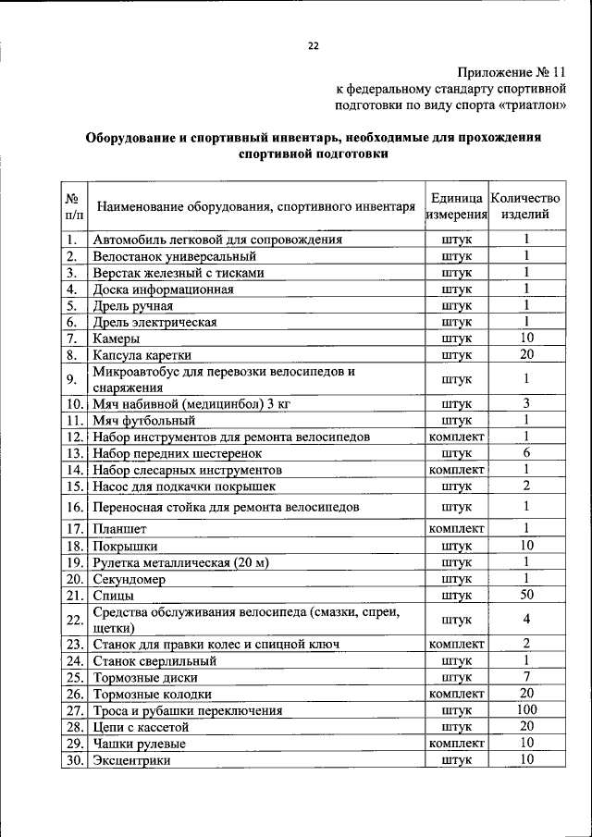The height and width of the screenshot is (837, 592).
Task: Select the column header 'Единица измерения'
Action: tap(456, 206)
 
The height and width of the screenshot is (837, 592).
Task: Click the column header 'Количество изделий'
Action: tap(525, 206)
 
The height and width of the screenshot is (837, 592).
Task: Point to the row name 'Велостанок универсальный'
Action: tap(174, 256)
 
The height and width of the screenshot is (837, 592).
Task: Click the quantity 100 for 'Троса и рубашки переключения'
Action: tap(525, 710)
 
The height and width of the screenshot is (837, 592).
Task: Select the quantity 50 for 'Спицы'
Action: tap(525, 596)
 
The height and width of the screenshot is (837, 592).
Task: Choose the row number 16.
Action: tap(75, 507)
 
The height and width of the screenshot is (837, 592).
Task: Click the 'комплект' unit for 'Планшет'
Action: tap(456, 528)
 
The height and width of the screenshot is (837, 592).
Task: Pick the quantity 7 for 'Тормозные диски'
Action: tap(525, 677)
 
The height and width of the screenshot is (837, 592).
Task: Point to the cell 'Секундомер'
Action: tap(129, 579)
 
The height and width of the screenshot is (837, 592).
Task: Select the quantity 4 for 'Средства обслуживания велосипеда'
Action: tap(525, 620)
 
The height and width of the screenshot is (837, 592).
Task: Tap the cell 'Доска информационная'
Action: tap(162, 289)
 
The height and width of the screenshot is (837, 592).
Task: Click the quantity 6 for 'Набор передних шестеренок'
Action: tap(525, 453)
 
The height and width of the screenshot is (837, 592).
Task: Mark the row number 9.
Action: tap(75, 379)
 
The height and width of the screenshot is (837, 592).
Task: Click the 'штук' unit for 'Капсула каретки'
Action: tap(456, 355)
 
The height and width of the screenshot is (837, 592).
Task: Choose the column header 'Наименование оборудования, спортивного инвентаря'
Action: tap(255, 206)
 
